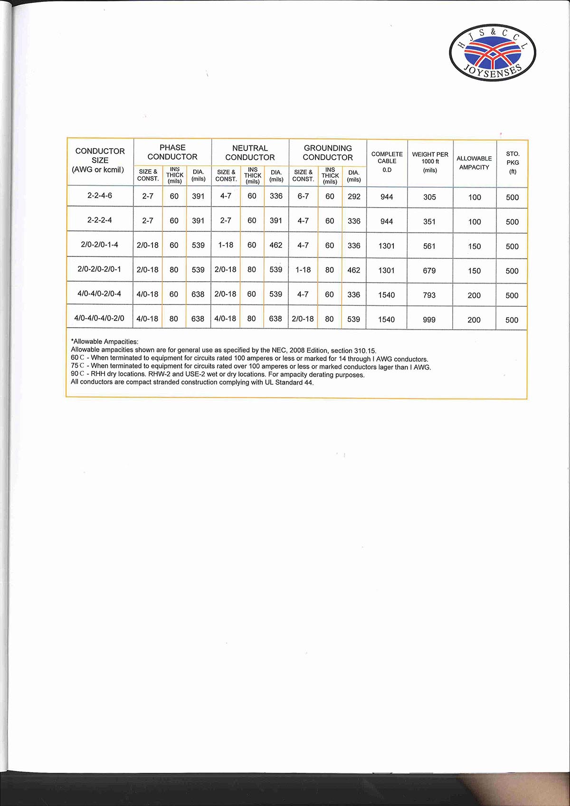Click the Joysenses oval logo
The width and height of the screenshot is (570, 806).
(x=492, y=53)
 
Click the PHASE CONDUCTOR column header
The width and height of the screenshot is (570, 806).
(x=172, y=152)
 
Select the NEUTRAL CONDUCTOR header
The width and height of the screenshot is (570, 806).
(x=250, y=152)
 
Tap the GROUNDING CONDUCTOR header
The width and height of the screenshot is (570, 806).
(x=328, y=152)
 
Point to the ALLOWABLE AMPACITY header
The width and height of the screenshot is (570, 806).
(x=474, y=162)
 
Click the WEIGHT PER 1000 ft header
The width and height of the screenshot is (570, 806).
(x=430, y=162)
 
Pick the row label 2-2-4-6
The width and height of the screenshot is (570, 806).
(x=100, y=195)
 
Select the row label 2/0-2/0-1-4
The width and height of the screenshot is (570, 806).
(x=100, y=245)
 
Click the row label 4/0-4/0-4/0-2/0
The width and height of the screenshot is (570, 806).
(x=99, y=318)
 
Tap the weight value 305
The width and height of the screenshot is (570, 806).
(x=429, y=197)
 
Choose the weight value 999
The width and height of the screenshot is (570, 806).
(x=429, y=320)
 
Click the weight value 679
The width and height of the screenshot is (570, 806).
(x=429, y=270)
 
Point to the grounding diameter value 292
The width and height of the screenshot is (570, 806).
(x=354, y=196)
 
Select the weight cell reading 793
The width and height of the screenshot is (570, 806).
(x=429, y=295)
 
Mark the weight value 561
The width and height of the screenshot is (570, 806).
(x=429, y=246)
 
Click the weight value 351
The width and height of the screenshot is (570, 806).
(x=429, y=221)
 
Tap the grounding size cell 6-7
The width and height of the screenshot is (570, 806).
(x=303, y=196)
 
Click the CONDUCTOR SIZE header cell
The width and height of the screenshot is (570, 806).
(x=100, y=160)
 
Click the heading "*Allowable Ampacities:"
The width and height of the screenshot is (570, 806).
(x=104, y=341)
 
